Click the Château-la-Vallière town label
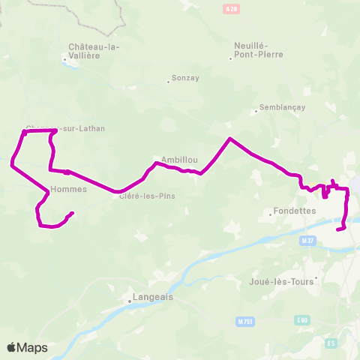click(94, 51)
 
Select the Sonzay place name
click(184, 77)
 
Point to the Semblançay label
click(281, 107)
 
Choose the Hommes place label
click(69, 189)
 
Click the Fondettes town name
click(293, 211)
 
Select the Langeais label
click(152, 296)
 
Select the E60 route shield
click(302, 320)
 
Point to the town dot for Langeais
click(129, 302)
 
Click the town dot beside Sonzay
click(169, 82)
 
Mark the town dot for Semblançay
click(256, 112)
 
